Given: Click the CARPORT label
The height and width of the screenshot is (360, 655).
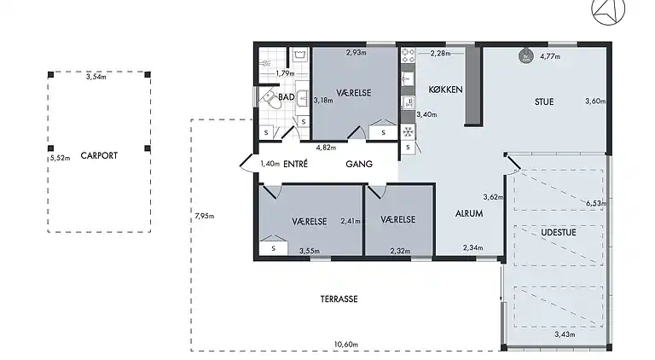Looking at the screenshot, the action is (x=99, y=155).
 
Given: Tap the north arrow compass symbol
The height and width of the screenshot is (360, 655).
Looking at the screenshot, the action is (x=608, y=10).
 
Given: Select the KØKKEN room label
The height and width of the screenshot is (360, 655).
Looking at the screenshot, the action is (x=445, y=90).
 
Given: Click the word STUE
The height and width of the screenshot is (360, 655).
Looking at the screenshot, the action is (x=544, y=102).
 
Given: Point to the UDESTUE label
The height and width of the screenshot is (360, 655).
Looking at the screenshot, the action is (x=559, y=232).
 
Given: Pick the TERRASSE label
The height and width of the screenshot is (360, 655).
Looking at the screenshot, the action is (x=339, y=299).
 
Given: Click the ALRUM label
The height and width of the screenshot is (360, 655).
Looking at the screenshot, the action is (x=469, y=213).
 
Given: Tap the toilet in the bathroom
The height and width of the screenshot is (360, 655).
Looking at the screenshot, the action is (x=271, y=99).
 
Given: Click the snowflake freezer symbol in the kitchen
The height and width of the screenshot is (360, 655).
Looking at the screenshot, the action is (x=408, y=132).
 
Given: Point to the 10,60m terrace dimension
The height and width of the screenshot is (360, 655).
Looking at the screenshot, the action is (x=346, y=345).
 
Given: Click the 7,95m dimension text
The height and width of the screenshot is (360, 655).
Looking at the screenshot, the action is (x=205, y=216).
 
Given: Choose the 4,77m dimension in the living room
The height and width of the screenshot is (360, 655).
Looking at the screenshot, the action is (x=550, y=56).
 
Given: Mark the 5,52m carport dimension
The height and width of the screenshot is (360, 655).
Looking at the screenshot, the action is (x=61, y=158).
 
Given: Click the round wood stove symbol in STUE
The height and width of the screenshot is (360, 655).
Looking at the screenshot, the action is (x=526, y=56).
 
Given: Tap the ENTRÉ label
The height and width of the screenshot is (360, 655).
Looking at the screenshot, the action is (x=295, y=164).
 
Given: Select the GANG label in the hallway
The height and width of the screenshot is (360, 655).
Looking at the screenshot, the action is (x=359, y=164).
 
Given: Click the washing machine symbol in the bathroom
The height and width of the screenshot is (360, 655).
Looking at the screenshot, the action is (x=299, y=55).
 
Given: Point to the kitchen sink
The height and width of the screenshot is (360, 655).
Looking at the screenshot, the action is (x=408, y=78).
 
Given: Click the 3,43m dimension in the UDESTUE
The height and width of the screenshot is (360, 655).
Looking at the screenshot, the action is (x=565, y=334).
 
